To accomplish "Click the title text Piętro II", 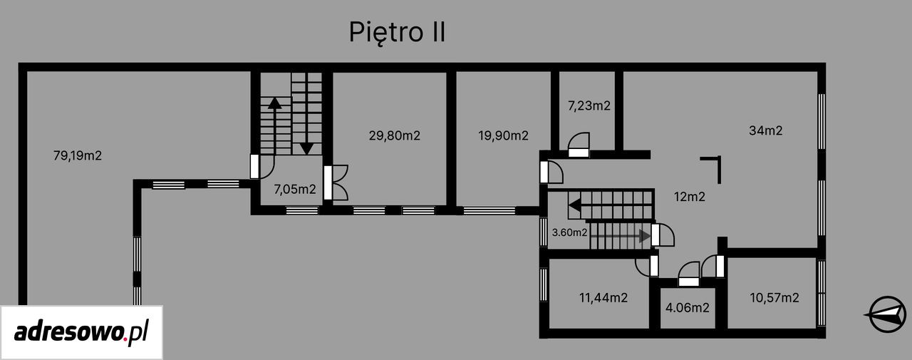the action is [397, 33].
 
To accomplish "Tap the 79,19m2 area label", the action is [78, 155].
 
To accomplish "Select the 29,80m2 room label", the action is [394, 135].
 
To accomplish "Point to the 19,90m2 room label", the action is [503, 135].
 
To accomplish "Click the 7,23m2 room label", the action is [589, 106].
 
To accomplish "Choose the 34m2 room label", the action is [765, 130].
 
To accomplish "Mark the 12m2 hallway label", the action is [689, 197].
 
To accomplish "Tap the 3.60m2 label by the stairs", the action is [569, 232].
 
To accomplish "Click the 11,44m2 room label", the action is [603, 298].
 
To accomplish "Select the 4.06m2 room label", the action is [688, 307].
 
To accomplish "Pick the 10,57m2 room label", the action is [774, 298].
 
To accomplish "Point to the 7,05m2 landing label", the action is [295, 190].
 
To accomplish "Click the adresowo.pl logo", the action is [81, 332].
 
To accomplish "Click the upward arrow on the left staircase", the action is [275, 126].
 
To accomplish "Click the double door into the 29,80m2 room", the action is [336, 182].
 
